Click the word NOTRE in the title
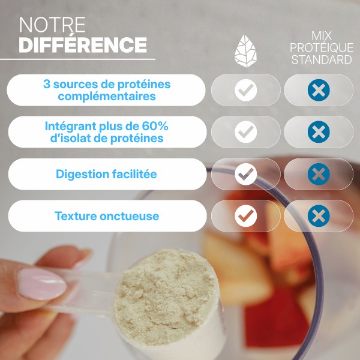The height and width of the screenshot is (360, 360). (x=52, y=25)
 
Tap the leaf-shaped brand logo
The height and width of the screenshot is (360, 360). (x=245, y=51)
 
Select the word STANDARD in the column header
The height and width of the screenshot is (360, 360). (x=322, y=59)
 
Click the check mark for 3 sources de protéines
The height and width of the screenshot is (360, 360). (x=245, y=90)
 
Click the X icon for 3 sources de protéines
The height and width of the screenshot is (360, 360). (x=319, y=90)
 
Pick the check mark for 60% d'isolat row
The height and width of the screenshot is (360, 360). (x=245, y=132)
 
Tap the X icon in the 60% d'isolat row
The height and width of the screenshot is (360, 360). (x=319, y=132)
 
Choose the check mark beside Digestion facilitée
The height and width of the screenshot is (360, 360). (x=245, y=174)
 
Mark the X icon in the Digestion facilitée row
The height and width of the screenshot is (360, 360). (x=319, y=174)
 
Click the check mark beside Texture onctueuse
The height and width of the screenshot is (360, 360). (x=245, y=216)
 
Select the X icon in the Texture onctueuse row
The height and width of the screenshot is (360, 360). (x=319, y=216)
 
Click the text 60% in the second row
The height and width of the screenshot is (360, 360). (x=155, y=126)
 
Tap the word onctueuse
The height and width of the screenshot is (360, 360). (x=129, y=216)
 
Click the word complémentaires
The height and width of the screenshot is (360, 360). (x=107, y=97)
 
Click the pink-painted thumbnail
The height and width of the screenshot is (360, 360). (x=42, y=284)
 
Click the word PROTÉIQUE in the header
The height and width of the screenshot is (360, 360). (x=322, y=48)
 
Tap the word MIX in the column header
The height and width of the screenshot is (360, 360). (x=322, y=36)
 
